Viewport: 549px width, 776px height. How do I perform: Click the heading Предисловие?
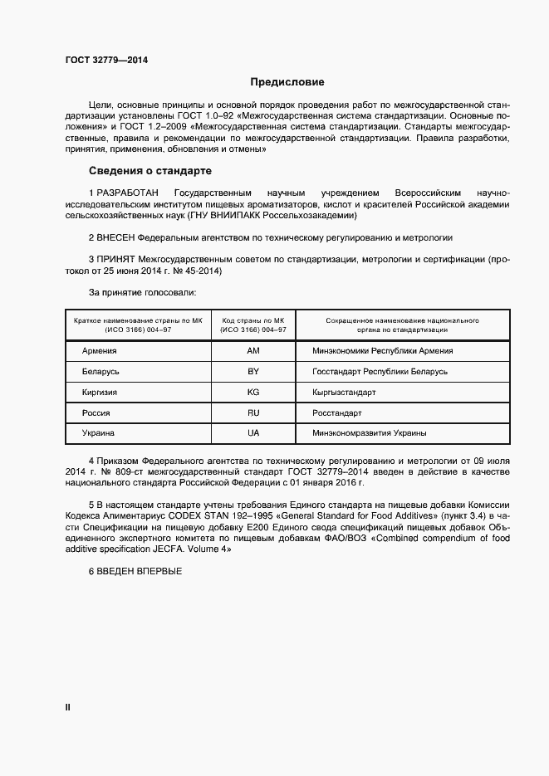[287, 82]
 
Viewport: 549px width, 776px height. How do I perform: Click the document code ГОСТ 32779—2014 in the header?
[101, 59]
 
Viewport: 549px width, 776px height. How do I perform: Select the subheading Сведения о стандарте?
[150, 171]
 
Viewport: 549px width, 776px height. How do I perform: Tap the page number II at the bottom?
[68, 707]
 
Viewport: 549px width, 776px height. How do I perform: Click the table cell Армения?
[100, 351]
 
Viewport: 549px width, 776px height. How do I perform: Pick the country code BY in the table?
[253, 372]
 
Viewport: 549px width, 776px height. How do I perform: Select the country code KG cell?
[253, 392]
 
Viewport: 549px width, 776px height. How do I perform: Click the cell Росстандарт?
[337, 412]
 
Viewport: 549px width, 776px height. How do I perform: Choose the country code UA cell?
[253, 433]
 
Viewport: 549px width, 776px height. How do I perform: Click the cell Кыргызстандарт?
[345, 392]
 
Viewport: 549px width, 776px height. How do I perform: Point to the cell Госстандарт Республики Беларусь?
[380, 372]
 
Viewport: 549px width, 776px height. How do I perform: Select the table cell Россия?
[96, 412]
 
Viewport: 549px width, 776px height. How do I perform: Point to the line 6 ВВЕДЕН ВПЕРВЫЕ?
[135, 572]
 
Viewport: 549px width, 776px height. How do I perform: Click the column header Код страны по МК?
[253, 320]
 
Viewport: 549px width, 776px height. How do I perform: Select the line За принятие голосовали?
[142, 293]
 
